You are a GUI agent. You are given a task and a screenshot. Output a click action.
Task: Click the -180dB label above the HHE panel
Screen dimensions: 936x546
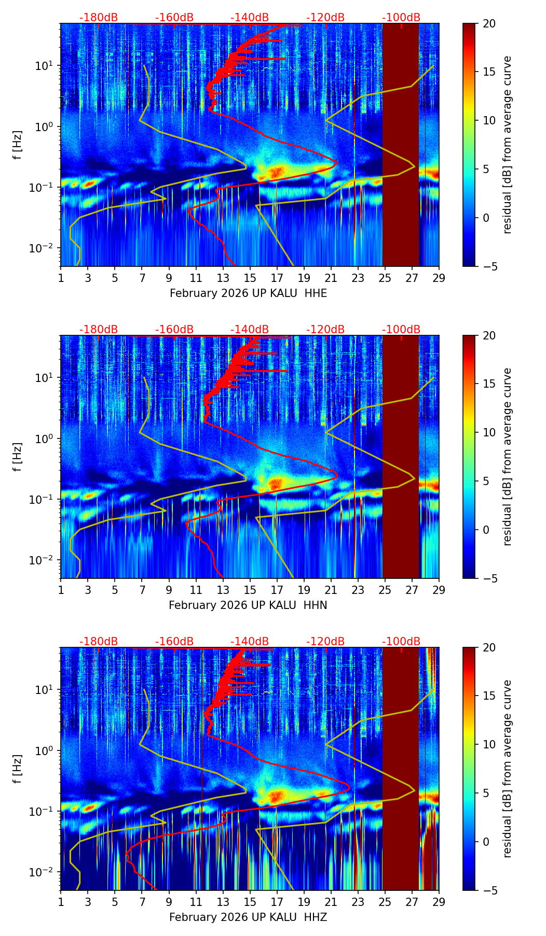click(99, 18)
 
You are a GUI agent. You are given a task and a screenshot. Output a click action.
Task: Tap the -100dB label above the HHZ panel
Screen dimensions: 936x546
click(401, 642)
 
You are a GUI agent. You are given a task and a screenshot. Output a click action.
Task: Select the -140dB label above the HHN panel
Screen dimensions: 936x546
click(250, 330)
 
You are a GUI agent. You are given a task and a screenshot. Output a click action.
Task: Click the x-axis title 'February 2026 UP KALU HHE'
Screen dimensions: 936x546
click(248, 293)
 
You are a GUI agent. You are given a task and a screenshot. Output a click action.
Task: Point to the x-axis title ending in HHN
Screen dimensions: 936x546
click(248, 605)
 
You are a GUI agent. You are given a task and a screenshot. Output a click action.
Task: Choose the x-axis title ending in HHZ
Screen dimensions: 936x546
click(248, 917)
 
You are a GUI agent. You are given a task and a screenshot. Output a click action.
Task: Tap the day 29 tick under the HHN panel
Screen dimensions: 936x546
click(439, 589)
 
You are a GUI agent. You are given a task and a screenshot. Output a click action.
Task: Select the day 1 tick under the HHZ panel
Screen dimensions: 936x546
click(61, 901)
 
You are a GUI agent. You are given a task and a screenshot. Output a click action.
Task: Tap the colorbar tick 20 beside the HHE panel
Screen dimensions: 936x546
click(489, 23)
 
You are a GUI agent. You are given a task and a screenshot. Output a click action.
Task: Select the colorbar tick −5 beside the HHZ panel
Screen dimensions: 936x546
click(489, 890)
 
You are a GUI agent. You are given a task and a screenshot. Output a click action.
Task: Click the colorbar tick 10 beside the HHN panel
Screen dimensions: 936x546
click(489, 432)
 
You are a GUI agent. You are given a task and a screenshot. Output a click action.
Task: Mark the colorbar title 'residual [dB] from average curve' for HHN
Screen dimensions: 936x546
click(508, 457)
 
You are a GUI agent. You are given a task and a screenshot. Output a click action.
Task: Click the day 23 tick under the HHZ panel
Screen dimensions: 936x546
click(358, 901)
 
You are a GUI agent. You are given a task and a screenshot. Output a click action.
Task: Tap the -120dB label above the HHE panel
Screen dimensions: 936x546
click(325, 18)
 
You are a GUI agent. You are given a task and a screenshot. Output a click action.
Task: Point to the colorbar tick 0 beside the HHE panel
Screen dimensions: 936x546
click(486, 218)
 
